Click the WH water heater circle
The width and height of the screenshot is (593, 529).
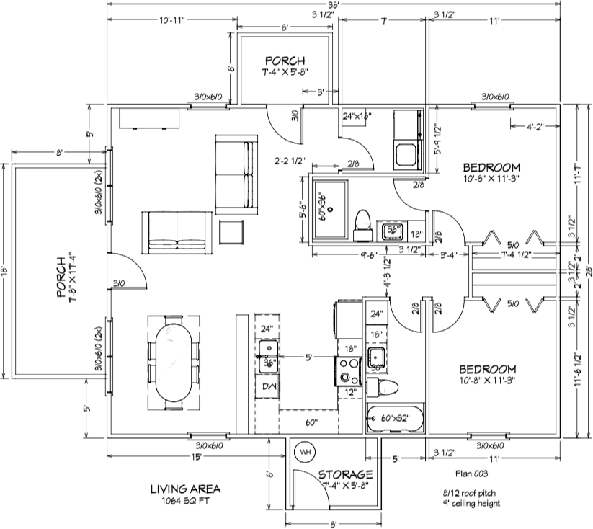[x=305, y=452]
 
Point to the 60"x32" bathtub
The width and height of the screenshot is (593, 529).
[x=395, y=418]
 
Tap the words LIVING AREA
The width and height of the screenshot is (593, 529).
[x=185, y=488]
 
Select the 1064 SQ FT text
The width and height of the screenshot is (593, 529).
[x=185, y=499]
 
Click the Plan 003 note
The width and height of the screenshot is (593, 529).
[x=471, y=474]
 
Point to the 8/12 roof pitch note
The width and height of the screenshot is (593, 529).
[x=471, y=492]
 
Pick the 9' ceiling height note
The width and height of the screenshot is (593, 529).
[x=471, y=502]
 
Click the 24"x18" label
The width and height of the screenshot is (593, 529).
[x=356, y=116]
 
